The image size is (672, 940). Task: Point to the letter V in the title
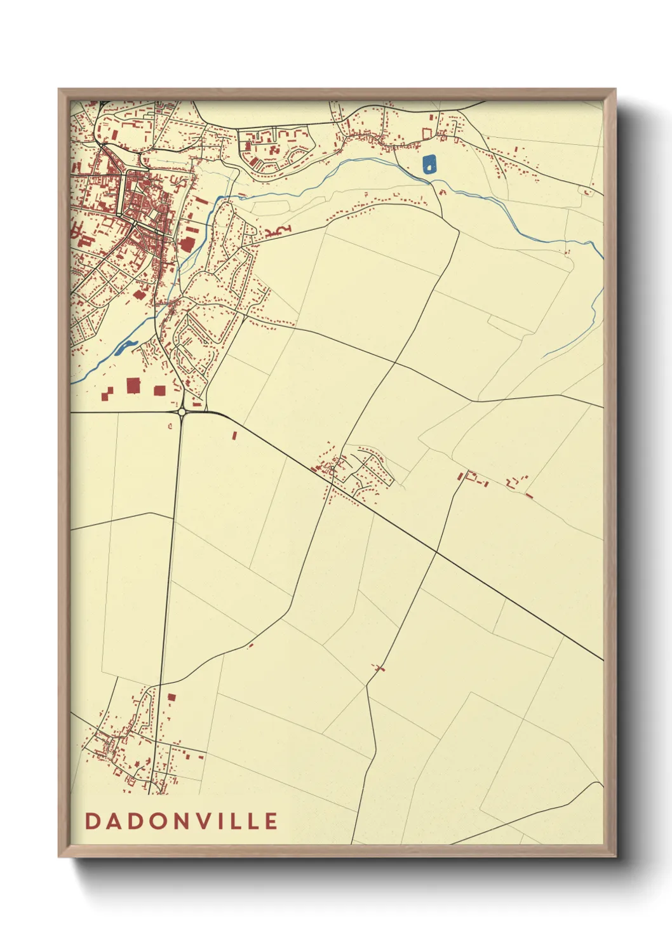point(206,821)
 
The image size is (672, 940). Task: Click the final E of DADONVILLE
point(271,821)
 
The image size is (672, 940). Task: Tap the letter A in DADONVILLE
point(114,821)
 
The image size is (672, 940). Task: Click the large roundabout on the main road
point(182,412)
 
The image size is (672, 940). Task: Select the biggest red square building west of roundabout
point(133,386)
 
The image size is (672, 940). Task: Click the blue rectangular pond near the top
point(430,164)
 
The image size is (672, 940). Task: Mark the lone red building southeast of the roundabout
point(234,436)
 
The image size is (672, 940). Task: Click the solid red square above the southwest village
point(171,697)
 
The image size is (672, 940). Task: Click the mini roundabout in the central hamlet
point(332,469)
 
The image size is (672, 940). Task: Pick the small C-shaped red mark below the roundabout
point(170,426)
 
